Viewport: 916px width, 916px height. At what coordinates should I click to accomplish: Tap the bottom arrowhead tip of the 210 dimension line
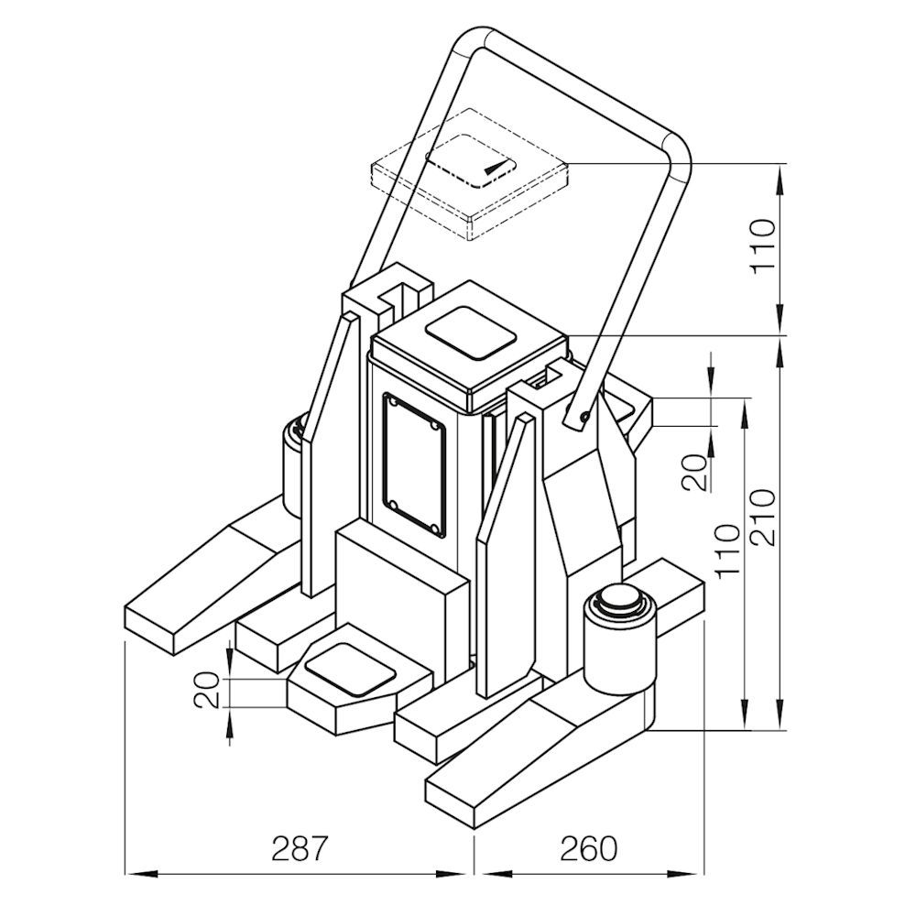781,730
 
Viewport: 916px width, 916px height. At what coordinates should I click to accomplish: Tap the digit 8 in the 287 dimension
298,848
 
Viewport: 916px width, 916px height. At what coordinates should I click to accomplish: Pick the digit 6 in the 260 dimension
588,848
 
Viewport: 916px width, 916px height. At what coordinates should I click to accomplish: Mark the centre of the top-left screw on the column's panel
394,402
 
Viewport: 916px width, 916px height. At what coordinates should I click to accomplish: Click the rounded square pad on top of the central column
471,332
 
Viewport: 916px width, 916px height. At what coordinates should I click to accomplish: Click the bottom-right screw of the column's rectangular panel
434,529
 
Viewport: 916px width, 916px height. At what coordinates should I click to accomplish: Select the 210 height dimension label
763,518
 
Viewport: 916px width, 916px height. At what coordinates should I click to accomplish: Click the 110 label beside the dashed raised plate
763,246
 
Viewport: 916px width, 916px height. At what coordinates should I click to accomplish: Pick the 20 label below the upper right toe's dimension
695,472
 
